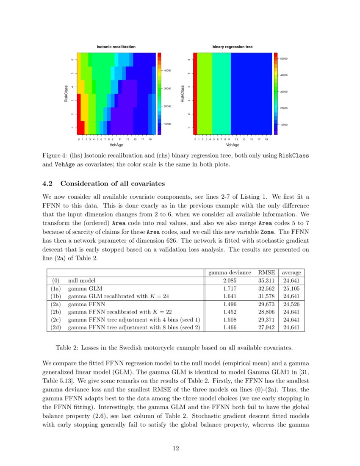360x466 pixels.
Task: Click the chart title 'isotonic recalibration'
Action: click(x=116, y=47)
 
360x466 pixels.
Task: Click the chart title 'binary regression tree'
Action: click(x=233, y=47)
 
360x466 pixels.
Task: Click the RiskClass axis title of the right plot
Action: click(x=183, y=94)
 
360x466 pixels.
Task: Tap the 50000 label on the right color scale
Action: click(x=284, y=58)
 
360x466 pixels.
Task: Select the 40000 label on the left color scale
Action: click(x=168, y=70)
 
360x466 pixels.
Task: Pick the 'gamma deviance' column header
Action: click(x=230, y=272)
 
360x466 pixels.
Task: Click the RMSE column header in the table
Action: click(x=267, y=272)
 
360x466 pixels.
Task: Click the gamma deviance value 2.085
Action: click(x=230, y=280)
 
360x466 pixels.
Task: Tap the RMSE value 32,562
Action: click(x=267, y=288)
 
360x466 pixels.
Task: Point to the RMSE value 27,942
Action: click(x=267, y=327)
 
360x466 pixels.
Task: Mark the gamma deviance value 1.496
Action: click(x=230, y=304)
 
